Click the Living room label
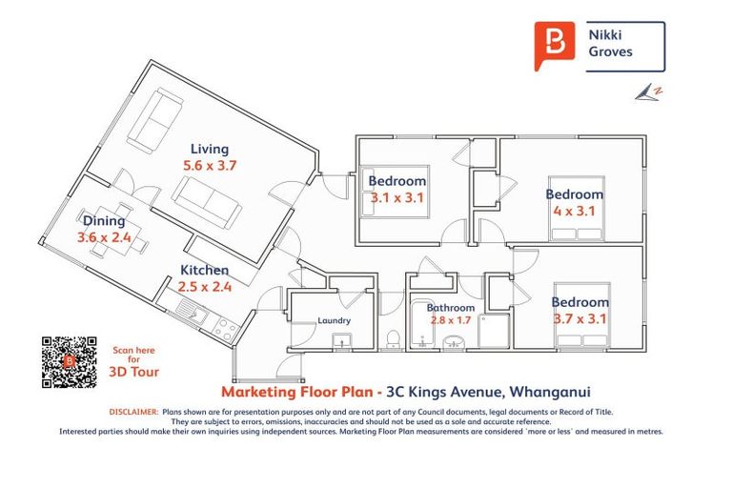209,149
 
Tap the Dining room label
103,221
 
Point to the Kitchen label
204,271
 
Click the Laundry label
334,321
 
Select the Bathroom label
450,308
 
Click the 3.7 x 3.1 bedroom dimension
579,319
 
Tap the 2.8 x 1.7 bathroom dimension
450,320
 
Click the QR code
70,362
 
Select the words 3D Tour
133,373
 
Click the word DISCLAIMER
132,412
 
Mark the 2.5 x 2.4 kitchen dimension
204,287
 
